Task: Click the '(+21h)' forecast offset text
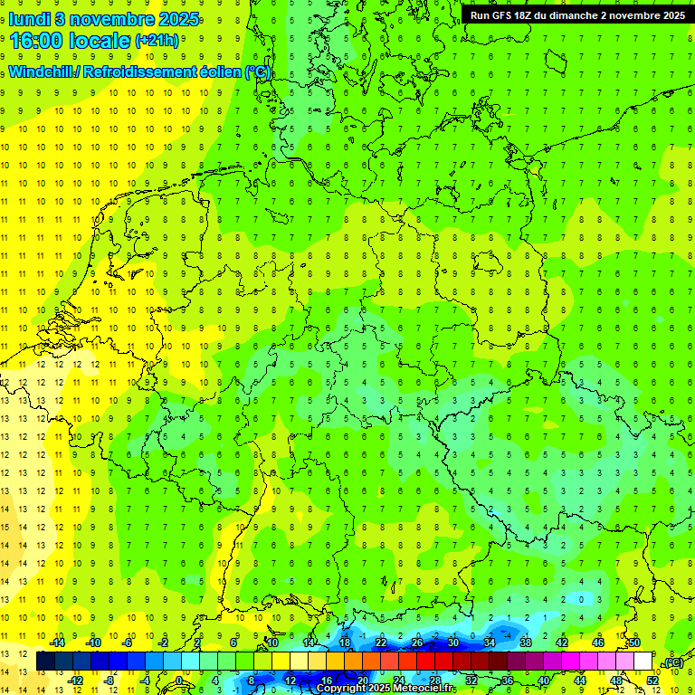(x=157, y=41)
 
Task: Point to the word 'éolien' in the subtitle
(x=211, y=71)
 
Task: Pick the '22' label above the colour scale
(x=381, y=643)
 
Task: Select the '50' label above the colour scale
(x=633, y=643)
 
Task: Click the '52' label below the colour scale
(x=652, y=681)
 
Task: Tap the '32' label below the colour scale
(x=471, y=681)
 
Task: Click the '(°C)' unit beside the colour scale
(x=672, y=662)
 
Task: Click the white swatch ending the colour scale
(x=643, y=662)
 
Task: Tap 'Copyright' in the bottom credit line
(x=343, y=689)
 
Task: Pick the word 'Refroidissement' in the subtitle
(x=132, y=71)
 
